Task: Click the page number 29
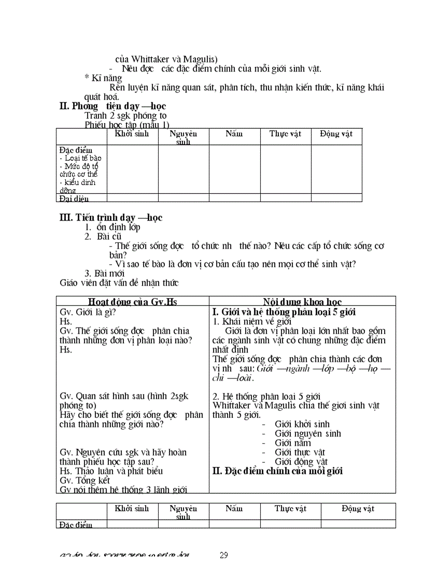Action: [x=223, y=555]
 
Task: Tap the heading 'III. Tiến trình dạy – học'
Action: [x=111, y=218]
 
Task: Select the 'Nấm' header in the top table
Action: [x=234, y=134]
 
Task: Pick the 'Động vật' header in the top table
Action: [x=336, y=134]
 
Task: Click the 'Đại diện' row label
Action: [x=74, y=198]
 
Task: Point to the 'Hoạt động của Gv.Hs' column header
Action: [x=132, y=302]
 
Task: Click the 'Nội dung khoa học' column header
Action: [x=302, y=302]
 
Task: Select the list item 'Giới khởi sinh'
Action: [x=302, y=424]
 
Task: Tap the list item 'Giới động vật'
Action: [x=301, y=462]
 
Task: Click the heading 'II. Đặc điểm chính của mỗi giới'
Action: [x=278, y=471]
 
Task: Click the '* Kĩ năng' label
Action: [x=103, y=78]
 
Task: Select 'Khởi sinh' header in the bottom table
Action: [x=132, y=509]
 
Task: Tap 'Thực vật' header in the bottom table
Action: [x=290, y=509]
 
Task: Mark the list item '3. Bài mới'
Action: [x=104, y=273]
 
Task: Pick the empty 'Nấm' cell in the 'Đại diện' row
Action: [x=234, y=198]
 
